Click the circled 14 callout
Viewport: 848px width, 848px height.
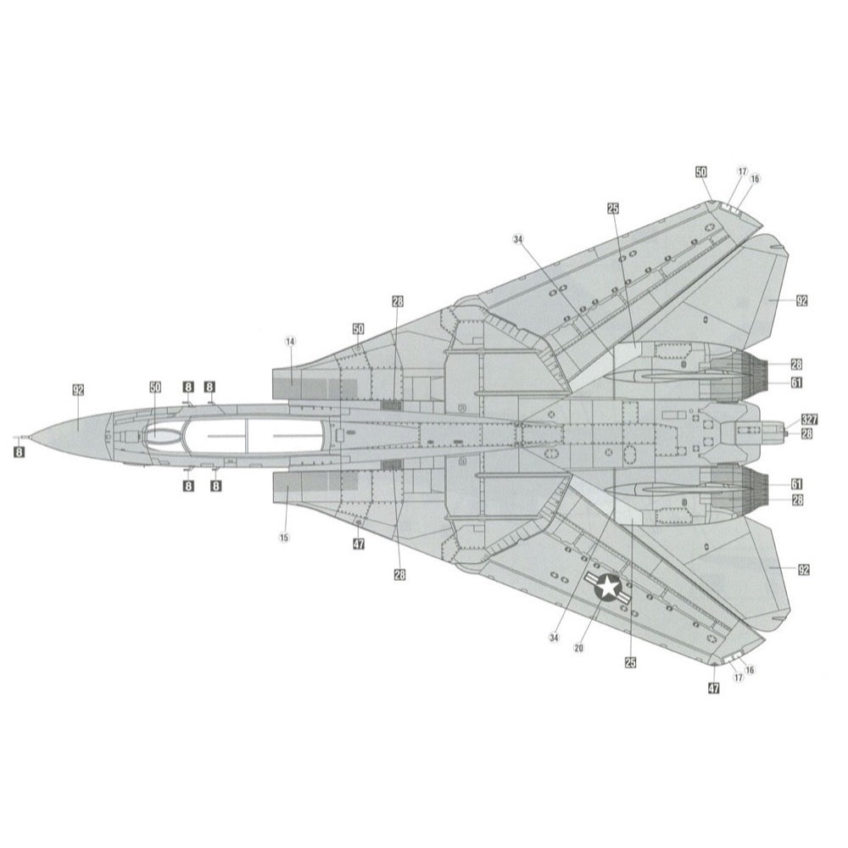[290, 341]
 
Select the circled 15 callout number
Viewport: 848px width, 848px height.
[284, 538]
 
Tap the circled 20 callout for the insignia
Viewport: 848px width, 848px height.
[578, 648]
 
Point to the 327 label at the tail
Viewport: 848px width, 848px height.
[809, 420]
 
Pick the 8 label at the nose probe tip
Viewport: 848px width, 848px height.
[19, 452]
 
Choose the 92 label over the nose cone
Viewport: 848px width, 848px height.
[78, 390]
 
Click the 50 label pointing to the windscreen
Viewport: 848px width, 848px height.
[155, 388]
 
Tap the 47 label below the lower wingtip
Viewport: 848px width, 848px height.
[714, 688]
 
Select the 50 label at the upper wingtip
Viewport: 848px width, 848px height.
[701, 172]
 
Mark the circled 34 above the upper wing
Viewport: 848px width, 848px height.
[518, 239]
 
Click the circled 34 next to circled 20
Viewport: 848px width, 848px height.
[553, 639]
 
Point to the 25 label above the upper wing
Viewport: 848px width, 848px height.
[613, 209]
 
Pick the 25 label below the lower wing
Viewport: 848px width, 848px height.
[630, 662]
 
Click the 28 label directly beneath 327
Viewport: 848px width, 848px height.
[806, 433]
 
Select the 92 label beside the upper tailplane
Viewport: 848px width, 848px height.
[801, 301]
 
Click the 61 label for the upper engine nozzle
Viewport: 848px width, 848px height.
[796, 383]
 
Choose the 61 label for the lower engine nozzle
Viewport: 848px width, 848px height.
[796, 484]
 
